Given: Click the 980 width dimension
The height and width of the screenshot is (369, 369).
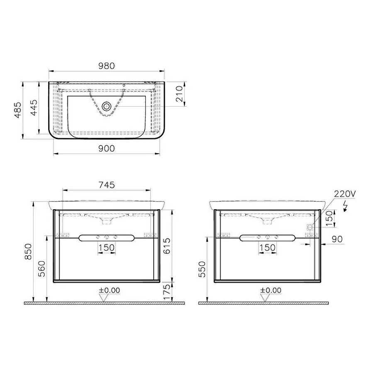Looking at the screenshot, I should (x=107, y=66).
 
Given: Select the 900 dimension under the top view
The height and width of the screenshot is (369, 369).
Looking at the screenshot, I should (x=107, y=148).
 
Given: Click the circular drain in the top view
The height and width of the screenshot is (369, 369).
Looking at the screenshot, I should (x=107, y=107).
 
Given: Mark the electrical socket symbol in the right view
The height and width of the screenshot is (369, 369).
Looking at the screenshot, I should (x=309, y=227).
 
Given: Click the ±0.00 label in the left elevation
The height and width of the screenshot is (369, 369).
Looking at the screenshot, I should (x=109, y=290).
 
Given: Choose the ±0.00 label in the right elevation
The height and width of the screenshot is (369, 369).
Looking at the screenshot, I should (x=270, y=290).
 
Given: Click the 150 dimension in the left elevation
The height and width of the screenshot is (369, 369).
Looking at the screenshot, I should (x=107, y=247).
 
